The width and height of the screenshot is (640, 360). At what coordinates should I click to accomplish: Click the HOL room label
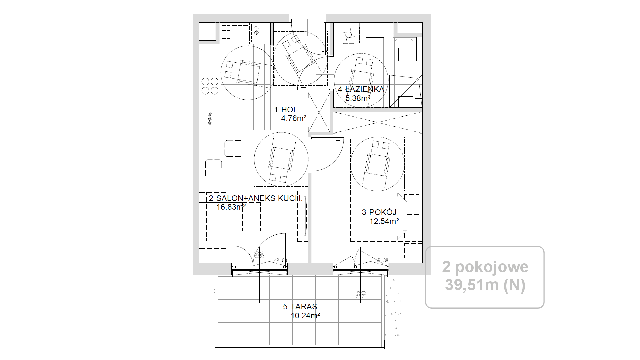click(289, 110)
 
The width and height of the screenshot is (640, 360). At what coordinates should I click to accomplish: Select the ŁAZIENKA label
click(365, 89)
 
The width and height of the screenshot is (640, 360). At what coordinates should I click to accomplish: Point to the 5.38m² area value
click(358, 98)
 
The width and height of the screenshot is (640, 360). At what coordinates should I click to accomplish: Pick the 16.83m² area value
click(231, 207)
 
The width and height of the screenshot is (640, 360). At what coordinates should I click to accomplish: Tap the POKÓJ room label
click(383, 212)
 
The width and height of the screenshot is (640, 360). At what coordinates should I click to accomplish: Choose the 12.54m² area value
click(384, 221)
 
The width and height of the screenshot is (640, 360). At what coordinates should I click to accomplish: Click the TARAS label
click(304, 307)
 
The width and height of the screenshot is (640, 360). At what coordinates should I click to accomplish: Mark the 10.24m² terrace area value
click(305, 315)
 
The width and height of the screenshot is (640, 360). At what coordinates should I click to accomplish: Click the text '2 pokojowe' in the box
click(485, 267)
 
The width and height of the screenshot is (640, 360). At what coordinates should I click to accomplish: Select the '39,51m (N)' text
click(485, 285)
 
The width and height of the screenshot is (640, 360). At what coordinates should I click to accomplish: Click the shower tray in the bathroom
click(406, 91)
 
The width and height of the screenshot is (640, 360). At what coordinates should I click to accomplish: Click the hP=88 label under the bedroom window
click(382, 260)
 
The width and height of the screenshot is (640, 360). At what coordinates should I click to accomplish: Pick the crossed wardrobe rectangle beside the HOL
click(319, 113)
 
